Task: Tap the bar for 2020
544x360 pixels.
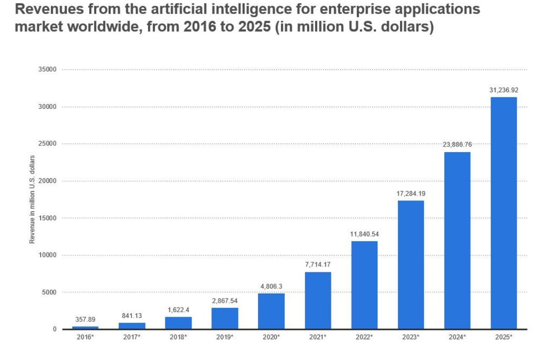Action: pos(271,311)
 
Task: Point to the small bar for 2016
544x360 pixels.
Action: pos(85,327)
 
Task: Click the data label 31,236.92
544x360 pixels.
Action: pos(503,90)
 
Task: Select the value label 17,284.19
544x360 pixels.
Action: pos(411,194)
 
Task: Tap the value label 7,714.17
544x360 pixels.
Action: pos(318,265)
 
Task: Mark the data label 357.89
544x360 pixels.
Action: pos(85,319)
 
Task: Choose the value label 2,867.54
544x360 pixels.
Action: pos(225,301)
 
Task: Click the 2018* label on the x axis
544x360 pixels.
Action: pos(178,337)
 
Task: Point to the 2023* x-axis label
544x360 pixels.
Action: pos(411,337)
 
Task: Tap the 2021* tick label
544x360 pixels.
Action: pos(318,337)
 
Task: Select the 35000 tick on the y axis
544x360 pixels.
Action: pos(47,69)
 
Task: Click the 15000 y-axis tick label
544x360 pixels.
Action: pos(47,218)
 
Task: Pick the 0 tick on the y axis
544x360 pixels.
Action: pos(55,329)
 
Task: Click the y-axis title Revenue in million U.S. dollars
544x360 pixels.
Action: pos(32,199)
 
